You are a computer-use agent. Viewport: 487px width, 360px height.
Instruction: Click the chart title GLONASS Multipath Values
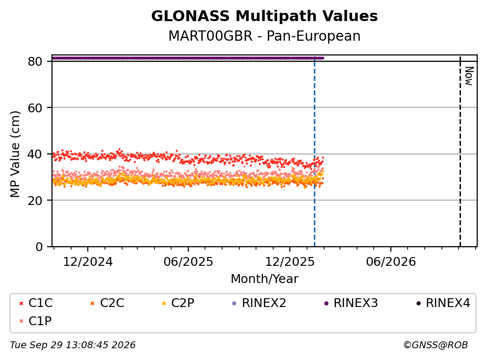pos(264,16)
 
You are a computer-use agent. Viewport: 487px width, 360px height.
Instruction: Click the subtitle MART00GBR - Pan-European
pos(264,36)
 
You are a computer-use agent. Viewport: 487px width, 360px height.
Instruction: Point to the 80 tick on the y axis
pos(35,61)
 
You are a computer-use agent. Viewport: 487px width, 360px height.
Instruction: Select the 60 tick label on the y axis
pos(35,108)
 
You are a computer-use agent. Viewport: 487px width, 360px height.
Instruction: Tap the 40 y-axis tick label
pos(35,154)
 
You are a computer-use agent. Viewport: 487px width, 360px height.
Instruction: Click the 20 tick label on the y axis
pos(35,200)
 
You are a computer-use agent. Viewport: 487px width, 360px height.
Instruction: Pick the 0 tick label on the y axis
pos(39,247)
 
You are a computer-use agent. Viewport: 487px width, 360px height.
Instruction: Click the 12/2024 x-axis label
pos(88,262)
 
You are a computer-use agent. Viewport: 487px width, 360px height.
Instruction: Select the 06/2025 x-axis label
pos(188,262)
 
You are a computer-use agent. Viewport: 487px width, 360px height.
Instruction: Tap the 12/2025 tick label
pos(290,262)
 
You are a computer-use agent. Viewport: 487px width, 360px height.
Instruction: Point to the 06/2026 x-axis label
pos(391,262)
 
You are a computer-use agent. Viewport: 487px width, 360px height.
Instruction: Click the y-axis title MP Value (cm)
pos(15,154)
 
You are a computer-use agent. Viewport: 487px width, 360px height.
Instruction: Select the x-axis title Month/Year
pos(264,279)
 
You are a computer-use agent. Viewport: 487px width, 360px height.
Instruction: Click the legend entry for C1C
pos(36,303)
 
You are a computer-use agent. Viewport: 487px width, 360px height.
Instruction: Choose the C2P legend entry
pos(179,303)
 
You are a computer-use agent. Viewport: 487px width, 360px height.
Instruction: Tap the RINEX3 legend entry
pos(351,303)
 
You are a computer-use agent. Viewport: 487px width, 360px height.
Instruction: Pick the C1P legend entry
pos(35,321)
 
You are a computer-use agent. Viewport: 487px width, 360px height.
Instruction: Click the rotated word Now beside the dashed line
pos(469,76)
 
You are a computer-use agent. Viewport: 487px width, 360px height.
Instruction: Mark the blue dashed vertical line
pos(315,152)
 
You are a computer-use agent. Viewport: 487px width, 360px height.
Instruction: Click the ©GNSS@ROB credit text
pos(436,345)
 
